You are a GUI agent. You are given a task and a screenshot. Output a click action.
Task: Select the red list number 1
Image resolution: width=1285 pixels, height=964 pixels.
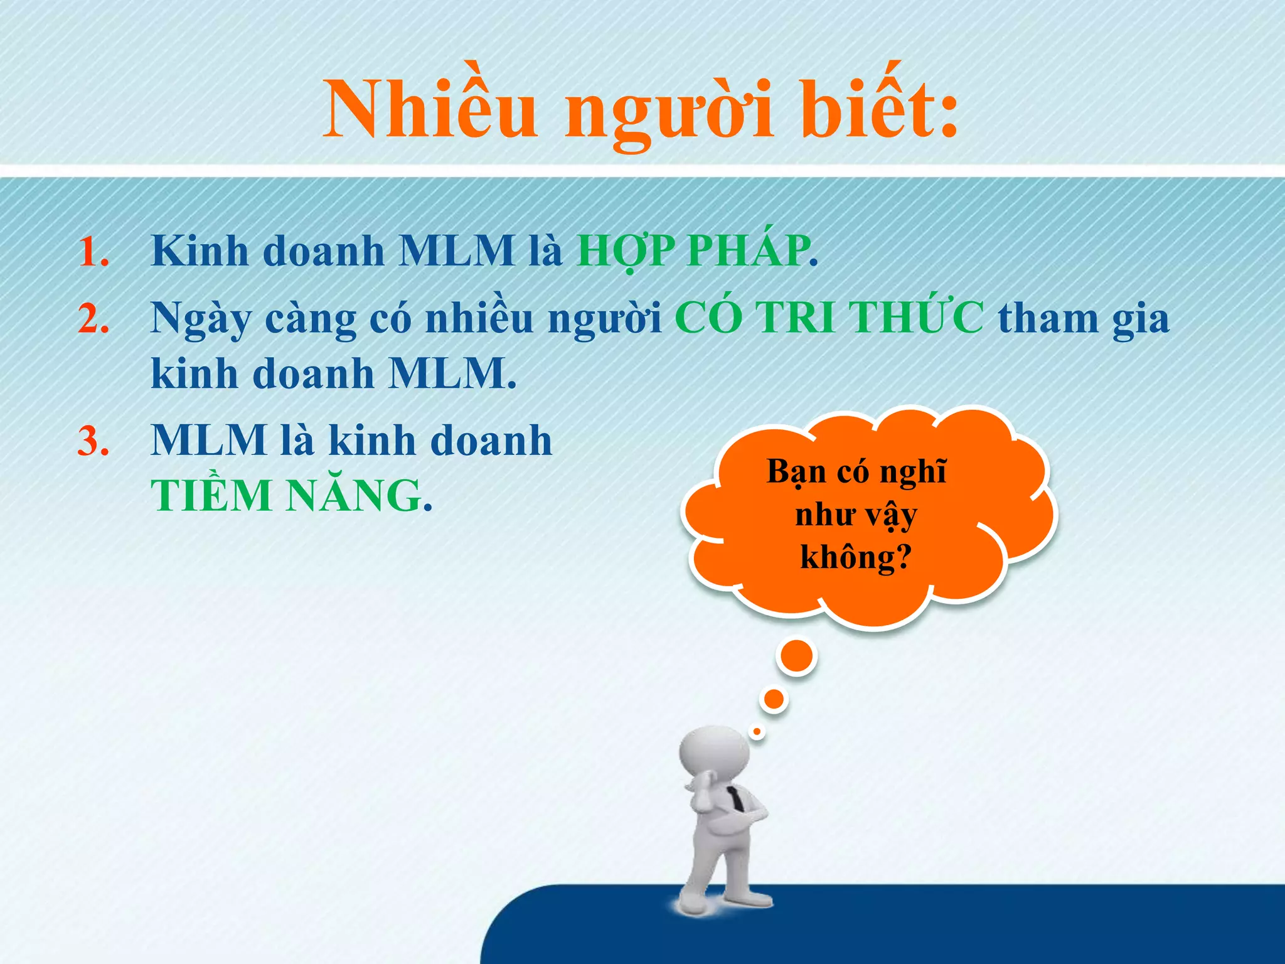click(x=93, y=252)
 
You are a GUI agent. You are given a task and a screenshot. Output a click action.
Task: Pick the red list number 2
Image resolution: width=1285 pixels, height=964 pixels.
click(x=93, y=319)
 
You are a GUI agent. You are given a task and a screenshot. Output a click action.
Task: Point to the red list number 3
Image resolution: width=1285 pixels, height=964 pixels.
click(x=93, y=441)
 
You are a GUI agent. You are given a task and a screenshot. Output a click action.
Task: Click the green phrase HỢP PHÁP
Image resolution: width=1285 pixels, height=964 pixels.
click(x=693, y=251)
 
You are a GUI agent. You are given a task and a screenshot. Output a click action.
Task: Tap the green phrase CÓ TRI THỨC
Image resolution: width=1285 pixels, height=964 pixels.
click(x=829, y=318)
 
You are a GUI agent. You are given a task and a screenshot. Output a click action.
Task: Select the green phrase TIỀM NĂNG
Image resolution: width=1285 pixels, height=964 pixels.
click(x=286, y=496)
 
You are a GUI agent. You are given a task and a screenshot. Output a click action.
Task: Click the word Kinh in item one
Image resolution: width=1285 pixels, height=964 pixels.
click(x=200, y=251)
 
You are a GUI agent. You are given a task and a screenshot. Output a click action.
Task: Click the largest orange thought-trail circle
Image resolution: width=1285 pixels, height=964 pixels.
click(x=796, y=656)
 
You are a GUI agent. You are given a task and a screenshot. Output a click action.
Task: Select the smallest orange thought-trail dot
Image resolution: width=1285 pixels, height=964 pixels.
click(x=757, y=731)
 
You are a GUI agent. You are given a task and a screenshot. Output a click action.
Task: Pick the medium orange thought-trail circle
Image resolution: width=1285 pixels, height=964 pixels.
click(x=774, y=699)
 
